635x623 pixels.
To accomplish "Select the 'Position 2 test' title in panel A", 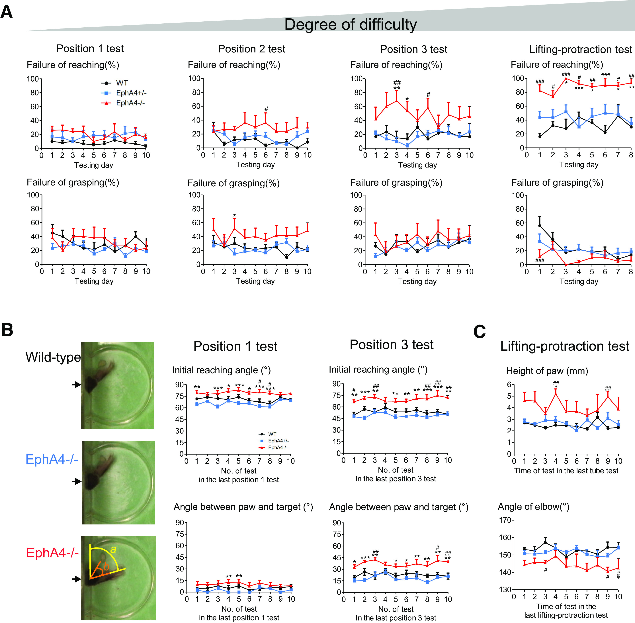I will (x=252, y=49).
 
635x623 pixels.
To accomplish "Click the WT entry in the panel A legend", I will (x=122, y=83).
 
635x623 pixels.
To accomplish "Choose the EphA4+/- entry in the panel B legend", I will (x=278, y=441).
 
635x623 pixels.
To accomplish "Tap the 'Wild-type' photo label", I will (x=53, y=357).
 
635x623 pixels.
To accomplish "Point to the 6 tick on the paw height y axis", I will (x=509, y=385).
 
